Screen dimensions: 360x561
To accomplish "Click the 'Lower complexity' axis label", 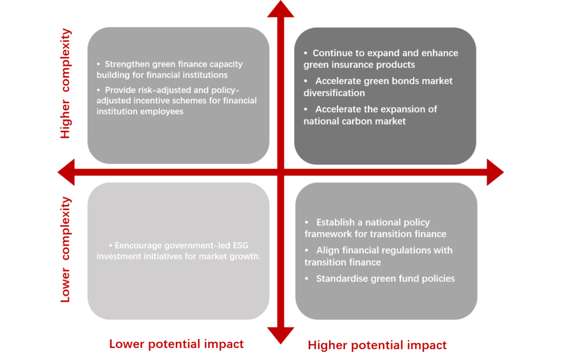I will click(66, 249).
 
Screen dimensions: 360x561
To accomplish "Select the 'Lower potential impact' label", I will click(176, 344).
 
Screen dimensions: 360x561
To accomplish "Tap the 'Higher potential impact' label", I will click(377, 345).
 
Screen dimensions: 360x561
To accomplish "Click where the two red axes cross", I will click(280, 172).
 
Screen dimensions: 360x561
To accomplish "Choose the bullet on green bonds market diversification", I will click(378, 87).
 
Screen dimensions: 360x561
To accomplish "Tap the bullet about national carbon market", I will click(370, 115).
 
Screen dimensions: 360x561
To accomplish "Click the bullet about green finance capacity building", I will click(169, 70).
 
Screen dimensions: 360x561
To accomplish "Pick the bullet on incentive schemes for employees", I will click(176, 100).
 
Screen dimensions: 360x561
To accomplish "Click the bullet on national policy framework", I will click(375, 228).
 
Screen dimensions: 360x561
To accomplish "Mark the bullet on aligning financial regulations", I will click(378, 256).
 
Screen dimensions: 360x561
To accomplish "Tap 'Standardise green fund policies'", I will click(385, 278).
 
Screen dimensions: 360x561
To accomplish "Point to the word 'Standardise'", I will click(339, 278).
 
